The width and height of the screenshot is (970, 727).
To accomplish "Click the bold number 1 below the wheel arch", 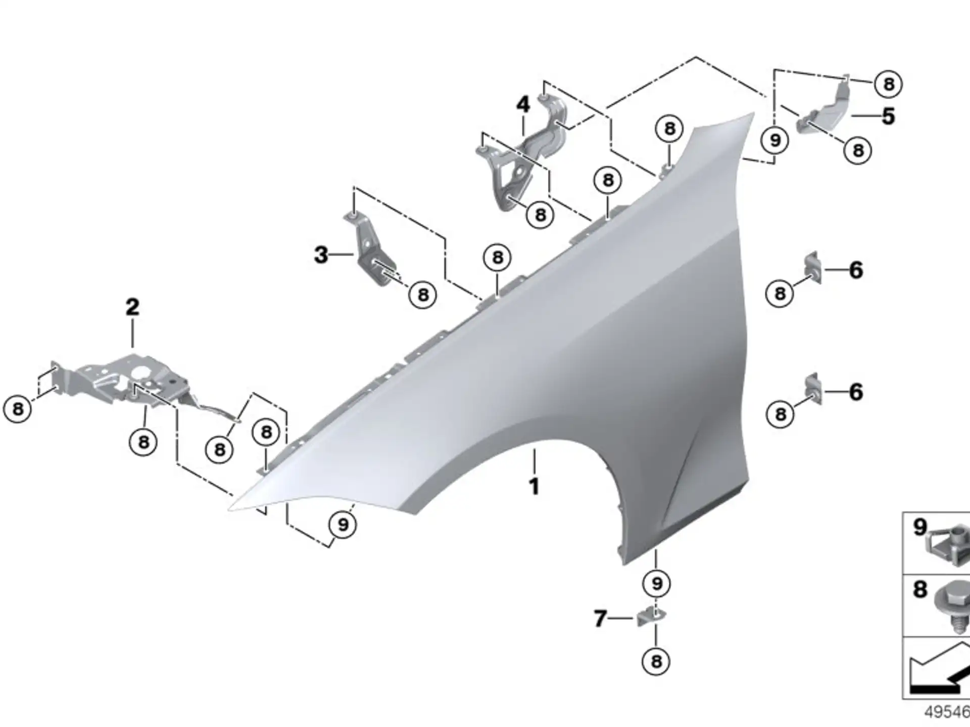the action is coord(534,487).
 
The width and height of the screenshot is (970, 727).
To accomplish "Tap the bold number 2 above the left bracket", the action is coord(132,307).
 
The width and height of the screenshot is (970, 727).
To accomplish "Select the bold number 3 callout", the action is coord(321,254).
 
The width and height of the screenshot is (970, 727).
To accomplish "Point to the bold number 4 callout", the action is coord(523,105).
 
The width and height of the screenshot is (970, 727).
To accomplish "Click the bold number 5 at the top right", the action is coord(889,116).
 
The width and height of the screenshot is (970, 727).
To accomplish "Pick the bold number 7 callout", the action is coord(600,618).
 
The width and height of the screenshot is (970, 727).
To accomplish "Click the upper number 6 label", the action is coord(856,270).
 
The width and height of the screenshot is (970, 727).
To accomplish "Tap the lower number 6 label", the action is coord(856,392).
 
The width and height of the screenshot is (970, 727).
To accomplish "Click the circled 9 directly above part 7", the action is coord(656,584).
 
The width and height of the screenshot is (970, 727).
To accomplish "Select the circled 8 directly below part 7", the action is coord(656,661).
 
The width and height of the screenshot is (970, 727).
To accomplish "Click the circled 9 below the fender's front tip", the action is coord(343,525).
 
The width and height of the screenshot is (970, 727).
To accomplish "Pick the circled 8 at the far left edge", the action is coord(18,409).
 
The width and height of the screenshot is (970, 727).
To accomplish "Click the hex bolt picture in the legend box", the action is coord(953,606).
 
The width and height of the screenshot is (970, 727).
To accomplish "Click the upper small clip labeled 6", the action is coord(812,268).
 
